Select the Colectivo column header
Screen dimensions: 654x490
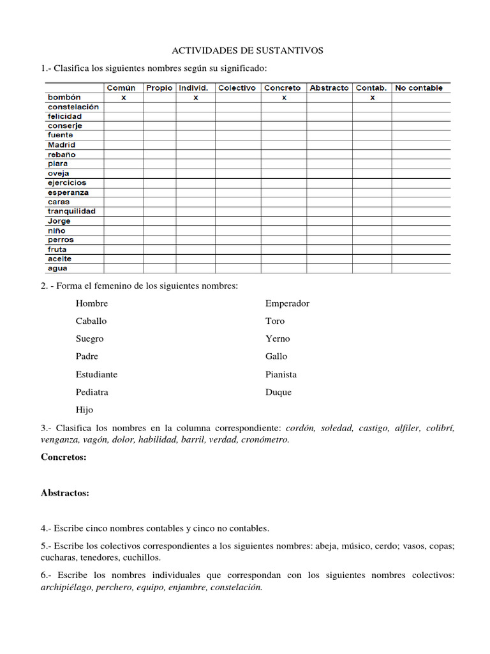click(x=237, y=88)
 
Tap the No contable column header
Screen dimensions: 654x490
click(x=419, y=88)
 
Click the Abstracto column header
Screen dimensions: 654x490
click(x=329, y=88)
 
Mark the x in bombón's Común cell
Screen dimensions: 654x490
click(x=123, y=98)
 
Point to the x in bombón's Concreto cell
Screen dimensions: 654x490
click(x=283, y=98)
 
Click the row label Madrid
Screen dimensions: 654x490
click(x=61, y=145)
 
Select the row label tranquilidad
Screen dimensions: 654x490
click(x=71, y=211)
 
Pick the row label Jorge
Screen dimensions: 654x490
click(x=59, y=221)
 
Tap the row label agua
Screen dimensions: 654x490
click(x=57, y=268)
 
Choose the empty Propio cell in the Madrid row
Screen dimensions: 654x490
click(x=160, y=145)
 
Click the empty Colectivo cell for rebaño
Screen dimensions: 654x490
click(x=237, y=155)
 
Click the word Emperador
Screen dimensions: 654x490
click(x=287, y=303)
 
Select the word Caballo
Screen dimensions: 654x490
click(x=91, y=321)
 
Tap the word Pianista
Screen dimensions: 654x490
click(x=281, y=374)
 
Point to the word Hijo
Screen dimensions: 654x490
click(x=84, y=410)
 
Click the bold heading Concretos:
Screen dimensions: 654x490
click(x=63, y=457)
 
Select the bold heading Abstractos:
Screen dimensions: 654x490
click(x=65, y=493)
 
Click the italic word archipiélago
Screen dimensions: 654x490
click(x=66, y=588)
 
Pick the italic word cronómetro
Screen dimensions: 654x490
click(x=262, y=439)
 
